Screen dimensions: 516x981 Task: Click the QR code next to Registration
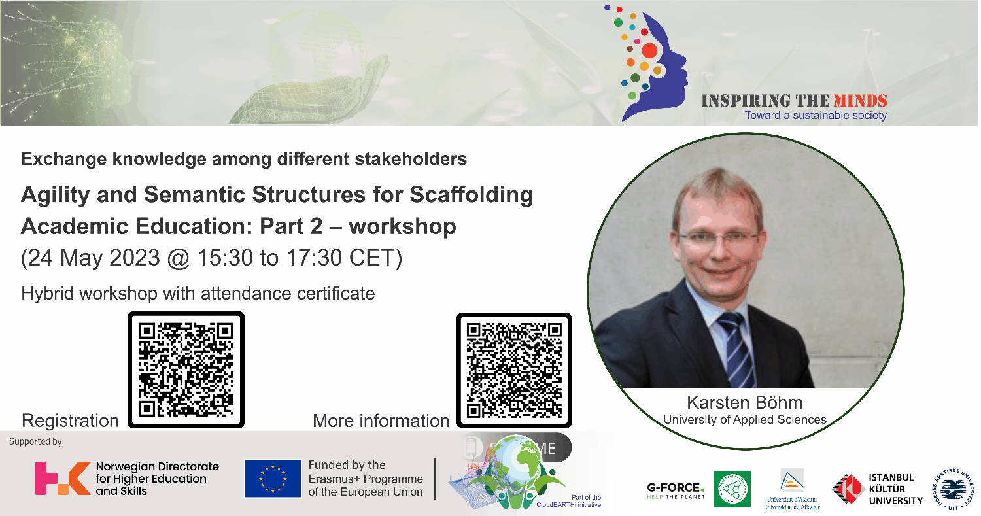(x=186, y=370)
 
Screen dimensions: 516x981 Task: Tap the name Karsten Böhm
(x=744, y=402)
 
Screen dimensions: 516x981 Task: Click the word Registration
(x=70, y=421)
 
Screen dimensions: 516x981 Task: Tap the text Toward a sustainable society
(x=816, y=116)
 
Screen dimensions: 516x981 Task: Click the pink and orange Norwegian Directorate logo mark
(x=61, y=478)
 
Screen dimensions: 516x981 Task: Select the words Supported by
(x=35, y=441)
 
